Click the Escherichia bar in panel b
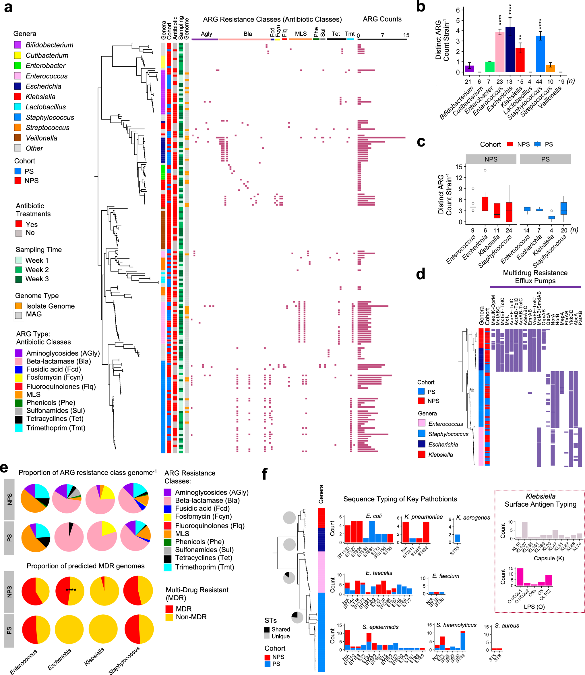click(510, 50)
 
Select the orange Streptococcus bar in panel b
click(550, 68)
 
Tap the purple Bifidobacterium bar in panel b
click(469, 69)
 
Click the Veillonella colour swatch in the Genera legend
click(18, 138)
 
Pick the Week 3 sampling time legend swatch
click(19, 279)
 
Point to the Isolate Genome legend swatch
click(19, 306)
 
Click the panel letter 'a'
click(8, 7)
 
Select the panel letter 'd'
click(421, 274)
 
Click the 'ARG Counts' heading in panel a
click(382, 19)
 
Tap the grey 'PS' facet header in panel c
click(545, 159)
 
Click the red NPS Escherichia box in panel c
click(485, 204)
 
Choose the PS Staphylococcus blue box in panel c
click(564, 208)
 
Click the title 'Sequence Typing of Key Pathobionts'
click(400, 499)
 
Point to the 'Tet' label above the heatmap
click(336, 34)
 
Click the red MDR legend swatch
click(169, 609)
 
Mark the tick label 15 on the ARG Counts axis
click(406, 35)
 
